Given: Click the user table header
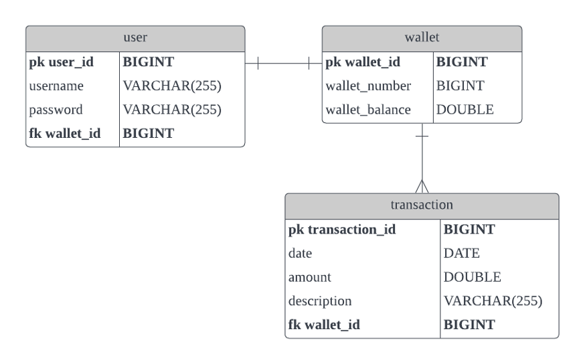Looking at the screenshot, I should click(135, 38).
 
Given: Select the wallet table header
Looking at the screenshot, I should click(422, 38).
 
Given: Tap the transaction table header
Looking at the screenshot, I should click(422, 205).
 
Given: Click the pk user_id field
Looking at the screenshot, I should click(62, 62).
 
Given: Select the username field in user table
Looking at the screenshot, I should click(56, 86).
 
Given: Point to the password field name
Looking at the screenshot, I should click(56, 110).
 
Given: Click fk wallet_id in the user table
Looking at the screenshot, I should click(65, 134).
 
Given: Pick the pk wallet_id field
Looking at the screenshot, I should click(363, 62).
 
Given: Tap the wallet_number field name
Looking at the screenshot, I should click(368, 86).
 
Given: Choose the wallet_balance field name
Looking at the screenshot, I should click(368, 110).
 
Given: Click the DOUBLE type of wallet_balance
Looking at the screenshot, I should click(465, 110).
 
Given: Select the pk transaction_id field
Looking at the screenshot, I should click(342, 230).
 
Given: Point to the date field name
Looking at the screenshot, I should click(301, 254).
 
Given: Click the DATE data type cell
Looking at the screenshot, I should click(461, 254).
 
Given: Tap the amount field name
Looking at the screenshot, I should click(310, 277).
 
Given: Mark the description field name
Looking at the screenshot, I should click(320, 301).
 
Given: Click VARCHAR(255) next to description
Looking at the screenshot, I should click(493, 301).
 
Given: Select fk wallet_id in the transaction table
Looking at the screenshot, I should click(325, 325).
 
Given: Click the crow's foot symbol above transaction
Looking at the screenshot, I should click(422, 186).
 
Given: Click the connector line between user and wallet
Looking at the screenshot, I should click(283, 64).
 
